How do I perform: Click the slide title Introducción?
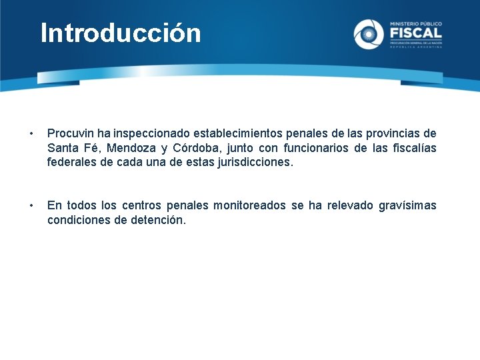[x=121, y=33]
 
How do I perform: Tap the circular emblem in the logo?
[x=369, y=34]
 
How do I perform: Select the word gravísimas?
[x=407, y=205]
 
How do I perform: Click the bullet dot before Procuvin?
[x=25, y=133]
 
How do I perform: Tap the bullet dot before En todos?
[x=25, y=205]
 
